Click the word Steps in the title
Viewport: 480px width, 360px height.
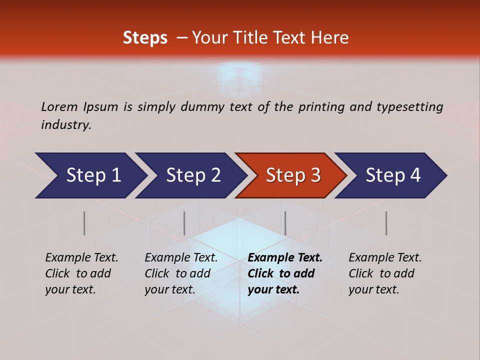(x=145, y=38)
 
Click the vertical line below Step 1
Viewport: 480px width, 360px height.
(x=84, y=223)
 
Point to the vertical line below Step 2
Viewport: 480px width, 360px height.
(x=184, y=223)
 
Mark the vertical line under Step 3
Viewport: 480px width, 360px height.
(x=285, y=223)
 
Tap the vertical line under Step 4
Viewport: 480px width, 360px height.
(x=386, y=223)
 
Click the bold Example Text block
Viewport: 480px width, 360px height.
(x=285, y=273)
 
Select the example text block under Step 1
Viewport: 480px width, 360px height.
(x=81, y=273)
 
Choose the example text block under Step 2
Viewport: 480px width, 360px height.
(x=181, y=273)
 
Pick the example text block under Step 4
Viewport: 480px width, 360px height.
(x=385, y=273)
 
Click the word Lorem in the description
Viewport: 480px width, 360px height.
(x=59, y=106)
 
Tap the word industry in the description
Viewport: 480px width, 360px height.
(x=66, y=125)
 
